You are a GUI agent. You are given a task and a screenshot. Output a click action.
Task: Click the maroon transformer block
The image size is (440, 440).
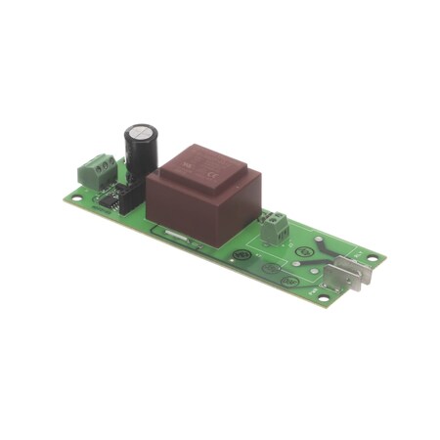point(200,196)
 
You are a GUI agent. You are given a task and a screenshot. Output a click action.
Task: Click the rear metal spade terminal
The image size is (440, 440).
point(354,265)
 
